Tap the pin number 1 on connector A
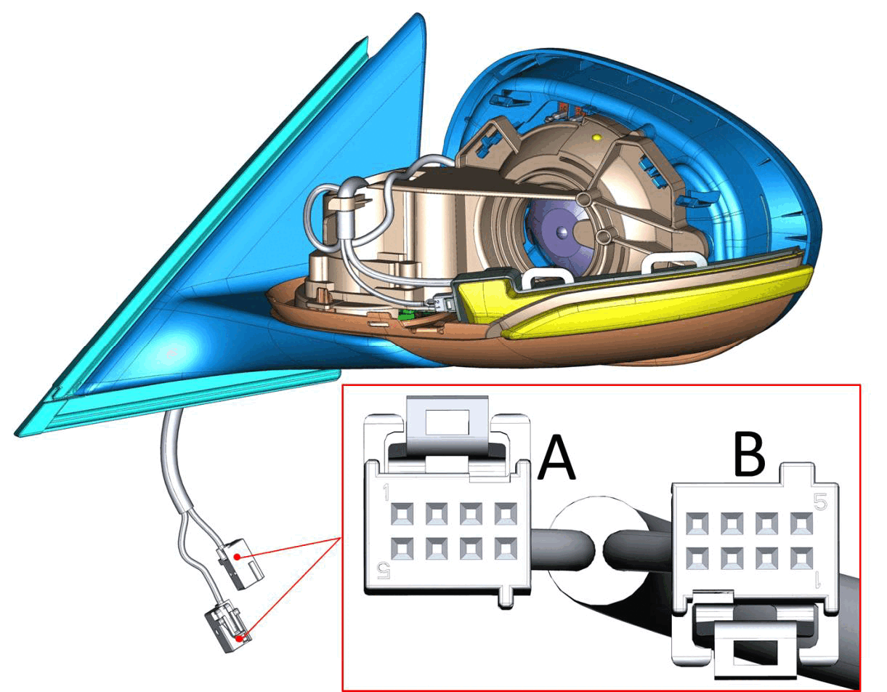pyautogui.click(x=386, y=493)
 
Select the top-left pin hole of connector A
pyautogui.click(x=402, y=514)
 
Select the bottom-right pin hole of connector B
pyautogui.click(x=802, y=558)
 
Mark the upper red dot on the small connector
pyautogui.click(x=237, y=557)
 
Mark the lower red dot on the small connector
pyautogui.click(x=238, y=637)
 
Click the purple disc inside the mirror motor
pyautogui.click(x=559, y=232)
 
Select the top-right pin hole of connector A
pyautogui.click(x=506, y=514)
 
